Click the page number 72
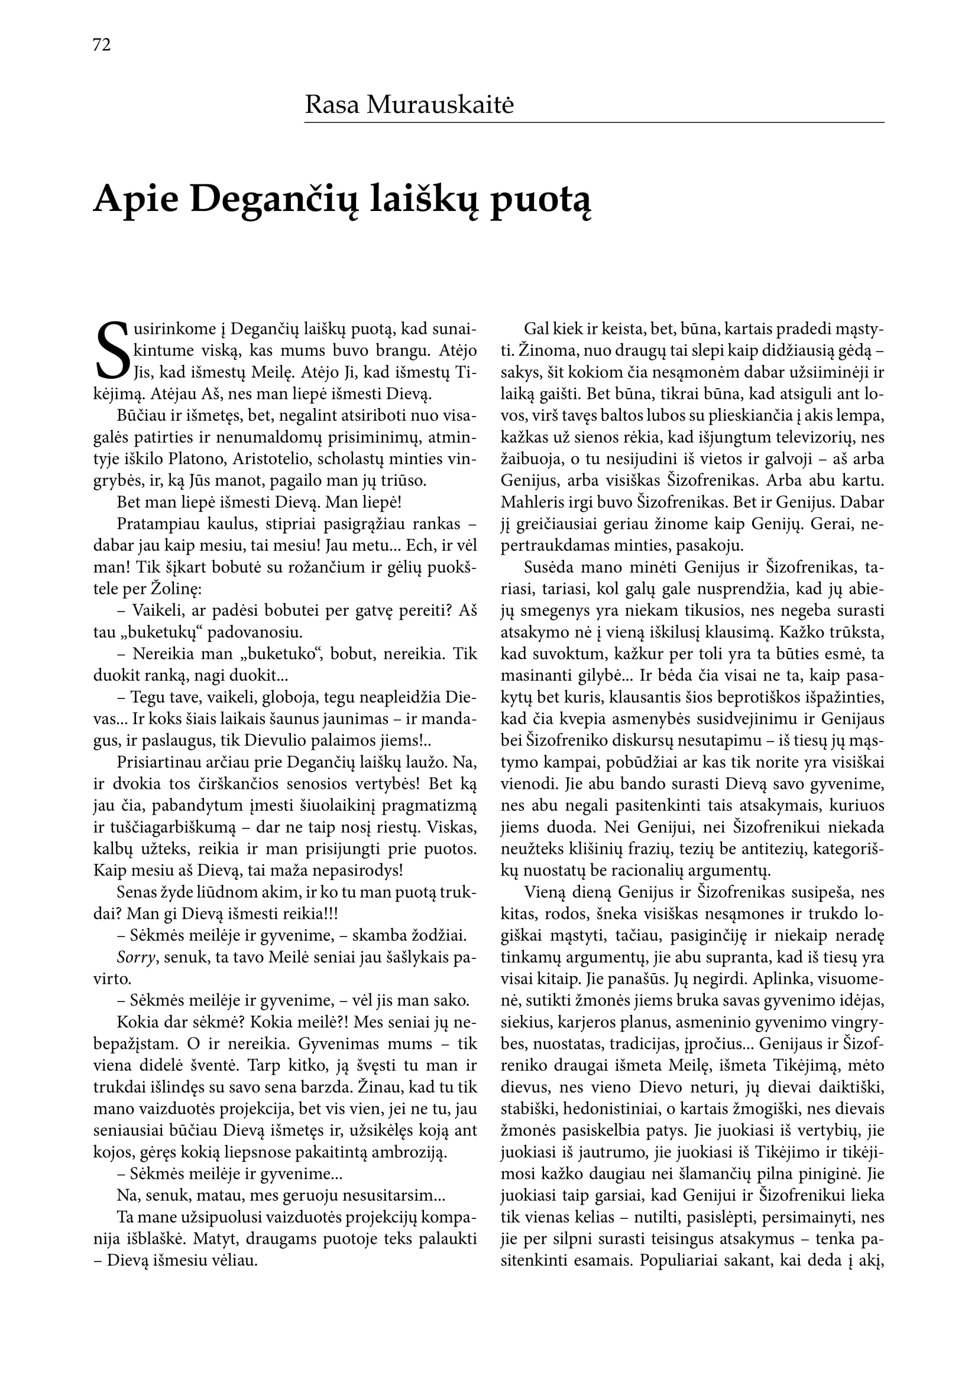102,45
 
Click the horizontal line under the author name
594,123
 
